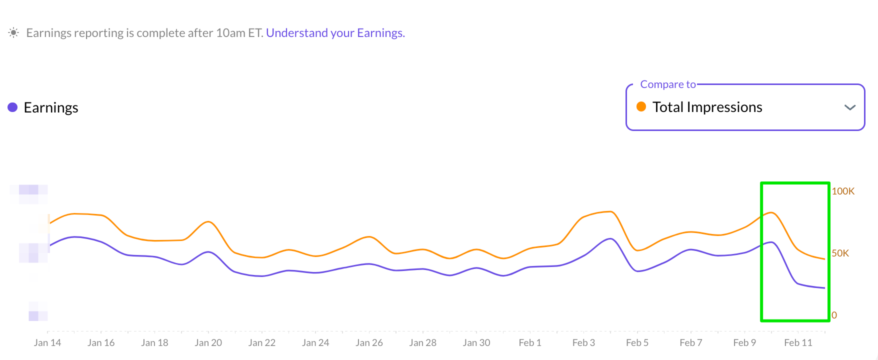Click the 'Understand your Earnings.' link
(x=335, y=33)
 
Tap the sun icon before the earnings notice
(x=13, y=33)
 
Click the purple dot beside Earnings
(x=12, y=107)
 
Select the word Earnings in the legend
(x=51, y=107)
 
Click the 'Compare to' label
(x=667, y=84)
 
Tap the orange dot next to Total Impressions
(x=641, y=106)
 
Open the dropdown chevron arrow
(x=849, y=107)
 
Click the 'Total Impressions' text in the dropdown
(x=707, y=107)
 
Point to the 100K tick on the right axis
(x=843, y=191)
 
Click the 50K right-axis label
(x=840, y=253)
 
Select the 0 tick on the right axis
(x=834, y=315)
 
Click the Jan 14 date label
(x=47, y=342)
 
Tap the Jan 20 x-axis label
(x=208, y=342)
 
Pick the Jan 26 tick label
(x=369, y=342)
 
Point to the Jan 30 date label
(x=476, y=342)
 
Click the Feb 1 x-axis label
(x=530, y=342)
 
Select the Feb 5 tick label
(x=637, y=342)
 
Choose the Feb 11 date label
(x=798, y=342)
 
